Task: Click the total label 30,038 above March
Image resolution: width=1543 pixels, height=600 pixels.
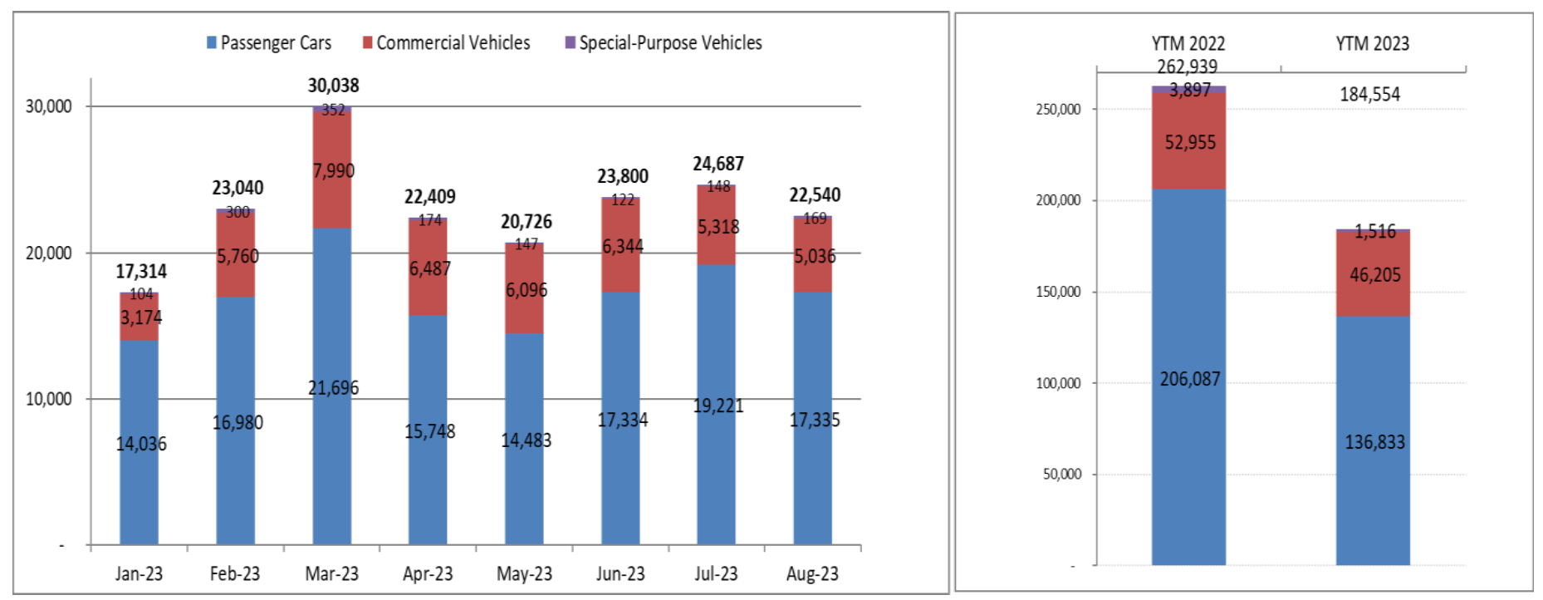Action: pyautogui.click(x=333, y=86)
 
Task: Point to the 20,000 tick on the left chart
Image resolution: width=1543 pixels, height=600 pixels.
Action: pyautogui.click(x=48, y=253)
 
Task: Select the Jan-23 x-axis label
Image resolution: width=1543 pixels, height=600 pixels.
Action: pyautogui.click(x=139, y=573)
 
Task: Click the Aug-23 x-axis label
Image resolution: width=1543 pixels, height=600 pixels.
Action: pyautogui.click(x=812, y=573)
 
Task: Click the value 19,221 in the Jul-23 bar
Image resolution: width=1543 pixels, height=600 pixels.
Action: pyautogui.click(x=718, y=406)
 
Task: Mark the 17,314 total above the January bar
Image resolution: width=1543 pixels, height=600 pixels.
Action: pyautogui.click(x=140, y=272)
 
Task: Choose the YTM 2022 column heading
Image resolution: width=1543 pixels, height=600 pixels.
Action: pyautogui.click(x=1188, y=43)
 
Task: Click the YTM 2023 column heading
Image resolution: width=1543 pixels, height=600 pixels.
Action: pyautogui.click(x=1372, y=43)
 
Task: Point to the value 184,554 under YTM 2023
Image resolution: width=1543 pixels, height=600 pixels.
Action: pyautogui.click(x=1369, y=95)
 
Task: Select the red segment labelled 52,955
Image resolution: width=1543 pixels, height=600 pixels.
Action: pyautogui.click(x=1189, y=143)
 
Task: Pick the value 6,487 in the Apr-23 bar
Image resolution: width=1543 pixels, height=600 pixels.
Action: pyautogui.click(x=429, y=268)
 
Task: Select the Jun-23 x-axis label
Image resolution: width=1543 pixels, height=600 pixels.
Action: pyautogui.click(x=620, y=573)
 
